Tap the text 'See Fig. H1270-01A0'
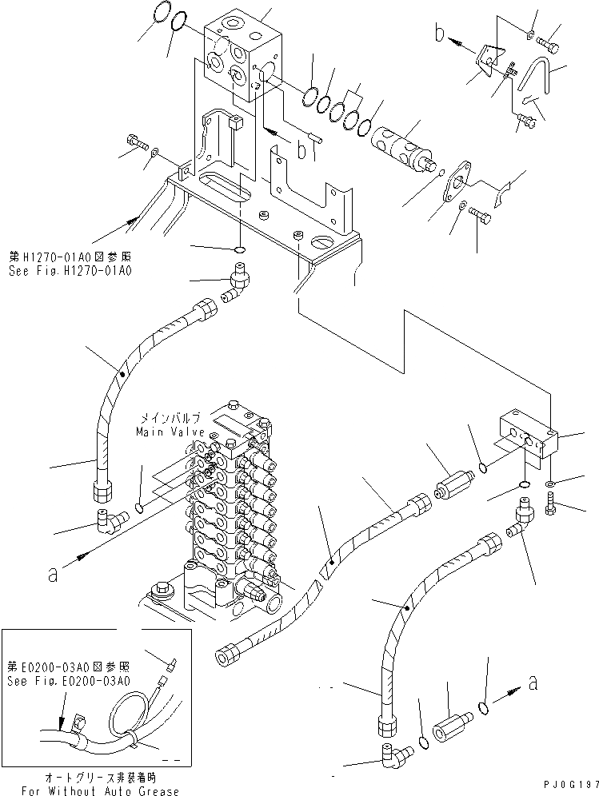[x=70, y=271]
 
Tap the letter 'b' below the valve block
[x=301, y=149]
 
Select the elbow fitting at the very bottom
[x=393, y=752]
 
